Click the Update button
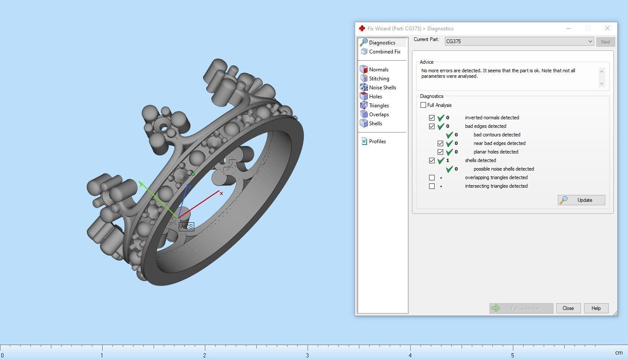pos(581,200)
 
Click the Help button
pos(596,308)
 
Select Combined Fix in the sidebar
pos(385,52)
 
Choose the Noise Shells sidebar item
pos(382,88)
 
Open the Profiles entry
pos(377,142)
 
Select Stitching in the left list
pos(379,79)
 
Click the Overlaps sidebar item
pos(379,115)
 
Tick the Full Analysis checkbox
pos(424,105)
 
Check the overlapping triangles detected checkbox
pos(432,177)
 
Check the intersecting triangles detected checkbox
pos(432,186)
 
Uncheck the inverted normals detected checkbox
pos(432,118)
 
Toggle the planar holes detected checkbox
pos(440,152)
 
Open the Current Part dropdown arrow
pos(590,41)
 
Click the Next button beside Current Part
pos(605,42)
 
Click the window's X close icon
pos(607,28)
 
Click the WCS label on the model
pos(186,227)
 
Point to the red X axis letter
pos(221,193)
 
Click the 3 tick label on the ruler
pos(307,355)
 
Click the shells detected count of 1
pos(447,160)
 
